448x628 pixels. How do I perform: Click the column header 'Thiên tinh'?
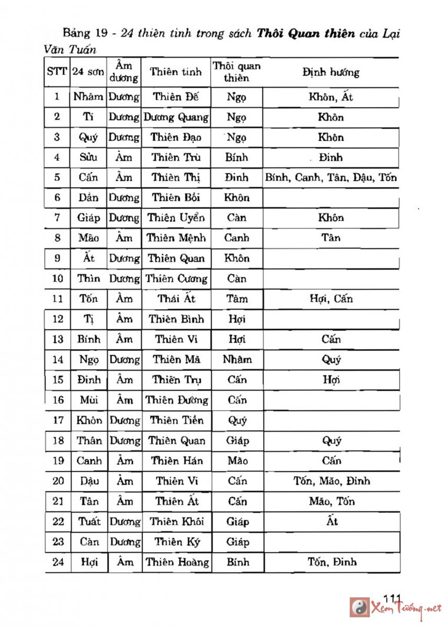point(176,72)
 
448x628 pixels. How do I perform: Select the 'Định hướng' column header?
point(331,72)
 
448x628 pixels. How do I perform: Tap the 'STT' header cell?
point(57,72)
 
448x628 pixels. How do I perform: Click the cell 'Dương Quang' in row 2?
point(176,117)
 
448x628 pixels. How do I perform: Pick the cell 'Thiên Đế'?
point(176,97)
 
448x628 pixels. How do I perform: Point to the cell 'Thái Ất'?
point(176,299)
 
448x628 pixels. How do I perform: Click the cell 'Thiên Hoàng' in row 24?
point(177,562)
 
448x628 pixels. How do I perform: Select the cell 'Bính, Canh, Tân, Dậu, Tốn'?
point(331,177)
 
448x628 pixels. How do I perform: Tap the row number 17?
point(57,420)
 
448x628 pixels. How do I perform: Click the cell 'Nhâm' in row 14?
point(237,360)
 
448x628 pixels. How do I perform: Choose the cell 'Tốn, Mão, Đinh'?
point(331,481)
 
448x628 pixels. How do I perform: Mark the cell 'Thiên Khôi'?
point(177,521)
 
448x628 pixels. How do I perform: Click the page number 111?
point(391,599)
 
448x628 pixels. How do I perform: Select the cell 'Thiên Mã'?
point(176,360)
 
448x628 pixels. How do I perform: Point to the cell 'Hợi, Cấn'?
point(331,299)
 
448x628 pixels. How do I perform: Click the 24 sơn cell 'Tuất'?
point(89,521)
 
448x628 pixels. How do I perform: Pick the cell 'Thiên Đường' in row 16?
point(177,400)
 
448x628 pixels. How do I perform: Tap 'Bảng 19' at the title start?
point(82,34)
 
